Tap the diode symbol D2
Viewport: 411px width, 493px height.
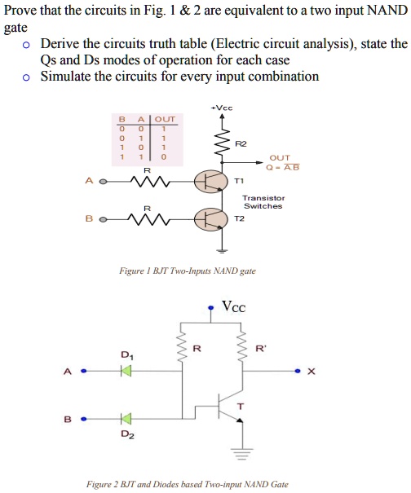tap(125, 420)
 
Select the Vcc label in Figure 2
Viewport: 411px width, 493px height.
tap(233, 307)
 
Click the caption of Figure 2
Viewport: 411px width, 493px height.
tap(187, 484)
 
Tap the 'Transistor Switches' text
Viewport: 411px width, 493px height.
tap(263, 202)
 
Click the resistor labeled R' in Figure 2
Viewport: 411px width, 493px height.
tap(241, 348)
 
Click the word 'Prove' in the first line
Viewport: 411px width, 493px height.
tap(22, 10)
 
